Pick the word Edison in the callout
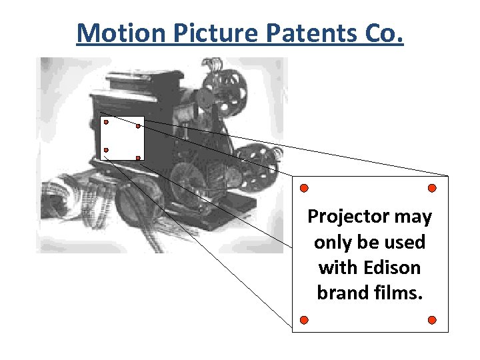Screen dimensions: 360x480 pos(389,267)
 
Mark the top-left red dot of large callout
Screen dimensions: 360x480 pos(303,187)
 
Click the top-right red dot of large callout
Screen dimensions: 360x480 pos(432,187)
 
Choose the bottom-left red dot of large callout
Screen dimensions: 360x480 pos(303,320)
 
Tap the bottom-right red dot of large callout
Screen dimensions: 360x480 pos(432,320)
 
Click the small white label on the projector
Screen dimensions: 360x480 pos(122,139)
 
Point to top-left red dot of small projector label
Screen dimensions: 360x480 pos(106,123)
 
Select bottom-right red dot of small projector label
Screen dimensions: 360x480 pos(138,158)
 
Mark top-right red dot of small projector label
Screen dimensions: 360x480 pos(138,125)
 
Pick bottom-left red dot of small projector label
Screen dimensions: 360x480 pos(106,150)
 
